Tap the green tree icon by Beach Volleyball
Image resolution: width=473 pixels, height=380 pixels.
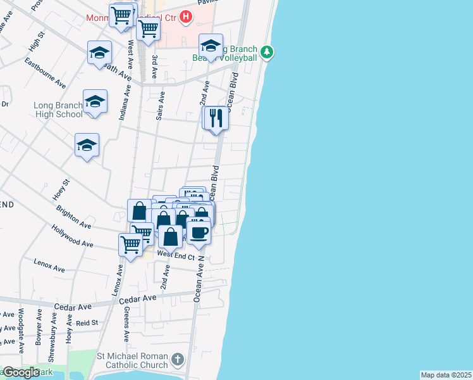click(267, 51)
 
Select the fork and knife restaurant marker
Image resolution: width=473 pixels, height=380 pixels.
click(216, 118)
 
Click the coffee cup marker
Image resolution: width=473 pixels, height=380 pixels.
click(199, 231)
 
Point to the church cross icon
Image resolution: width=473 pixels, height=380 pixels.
click(178, 360)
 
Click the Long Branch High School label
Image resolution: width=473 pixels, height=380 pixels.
click(60, 110)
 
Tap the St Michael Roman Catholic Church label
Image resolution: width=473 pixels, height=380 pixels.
click(133, 360)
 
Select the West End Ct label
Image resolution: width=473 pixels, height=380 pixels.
click(175, 253)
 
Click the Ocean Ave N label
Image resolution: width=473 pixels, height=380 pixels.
click(200, 279)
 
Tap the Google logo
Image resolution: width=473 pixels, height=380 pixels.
click(21, 372)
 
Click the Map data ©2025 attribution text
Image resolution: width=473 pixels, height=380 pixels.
click(446, 375)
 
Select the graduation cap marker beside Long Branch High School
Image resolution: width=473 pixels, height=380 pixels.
click(95, 102)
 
